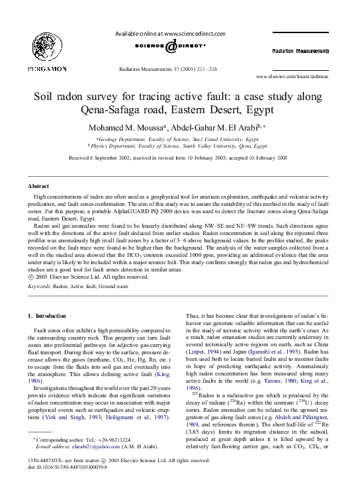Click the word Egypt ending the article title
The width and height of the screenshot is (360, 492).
(255, 109)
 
